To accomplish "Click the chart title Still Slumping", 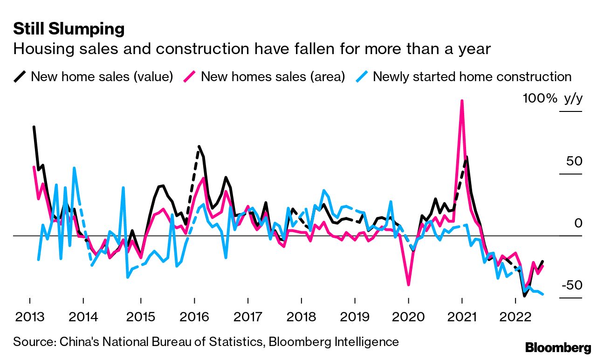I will coord(69,29).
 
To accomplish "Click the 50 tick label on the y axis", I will coord(574,161).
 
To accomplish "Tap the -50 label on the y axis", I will coord(571,285).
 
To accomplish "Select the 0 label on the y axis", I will coord(578,223).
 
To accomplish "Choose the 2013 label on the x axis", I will coord(30,318).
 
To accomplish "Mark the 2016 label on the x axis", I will coord(194,318).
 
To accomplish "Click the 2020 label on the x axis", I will coord(408,318).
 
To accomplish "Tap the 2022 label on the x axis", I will coord(515,318).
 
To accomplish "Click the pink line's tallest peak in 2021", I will coord(462,101).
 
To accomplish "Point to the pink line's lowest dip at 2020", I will coord(409,284).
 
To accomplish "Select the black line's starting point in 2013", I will coord(34,127).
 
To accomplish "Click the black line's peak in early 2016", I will coord(199,146).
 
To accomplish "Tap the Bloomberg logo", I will coord(558,347).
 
